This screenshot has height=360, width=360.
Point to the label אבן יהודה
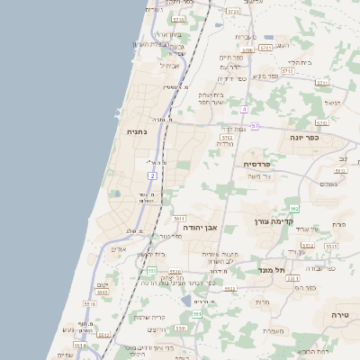click(x=202, y=228)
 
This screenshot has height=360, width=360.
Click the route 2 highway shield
click(x=153, y=175)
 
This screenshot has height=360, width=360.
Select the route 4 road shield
click(x=244, y=109)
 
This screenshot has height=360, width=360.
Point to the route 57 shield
click(x=255, y=126)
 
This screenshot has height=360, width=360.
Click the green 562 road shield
click(x=293, y=209)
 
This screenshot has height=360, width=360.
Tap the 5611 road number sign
click(x=179, y=218)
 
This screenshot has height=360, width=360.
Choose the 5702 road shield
click(x=227, y=138)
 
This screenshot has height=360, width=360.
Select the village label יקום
click(x=102, y=284)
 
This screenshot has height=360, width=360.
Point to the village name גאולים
click(x=328, y=184)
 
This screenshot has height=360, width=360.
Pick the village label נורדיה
click(x=225, y=144)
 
